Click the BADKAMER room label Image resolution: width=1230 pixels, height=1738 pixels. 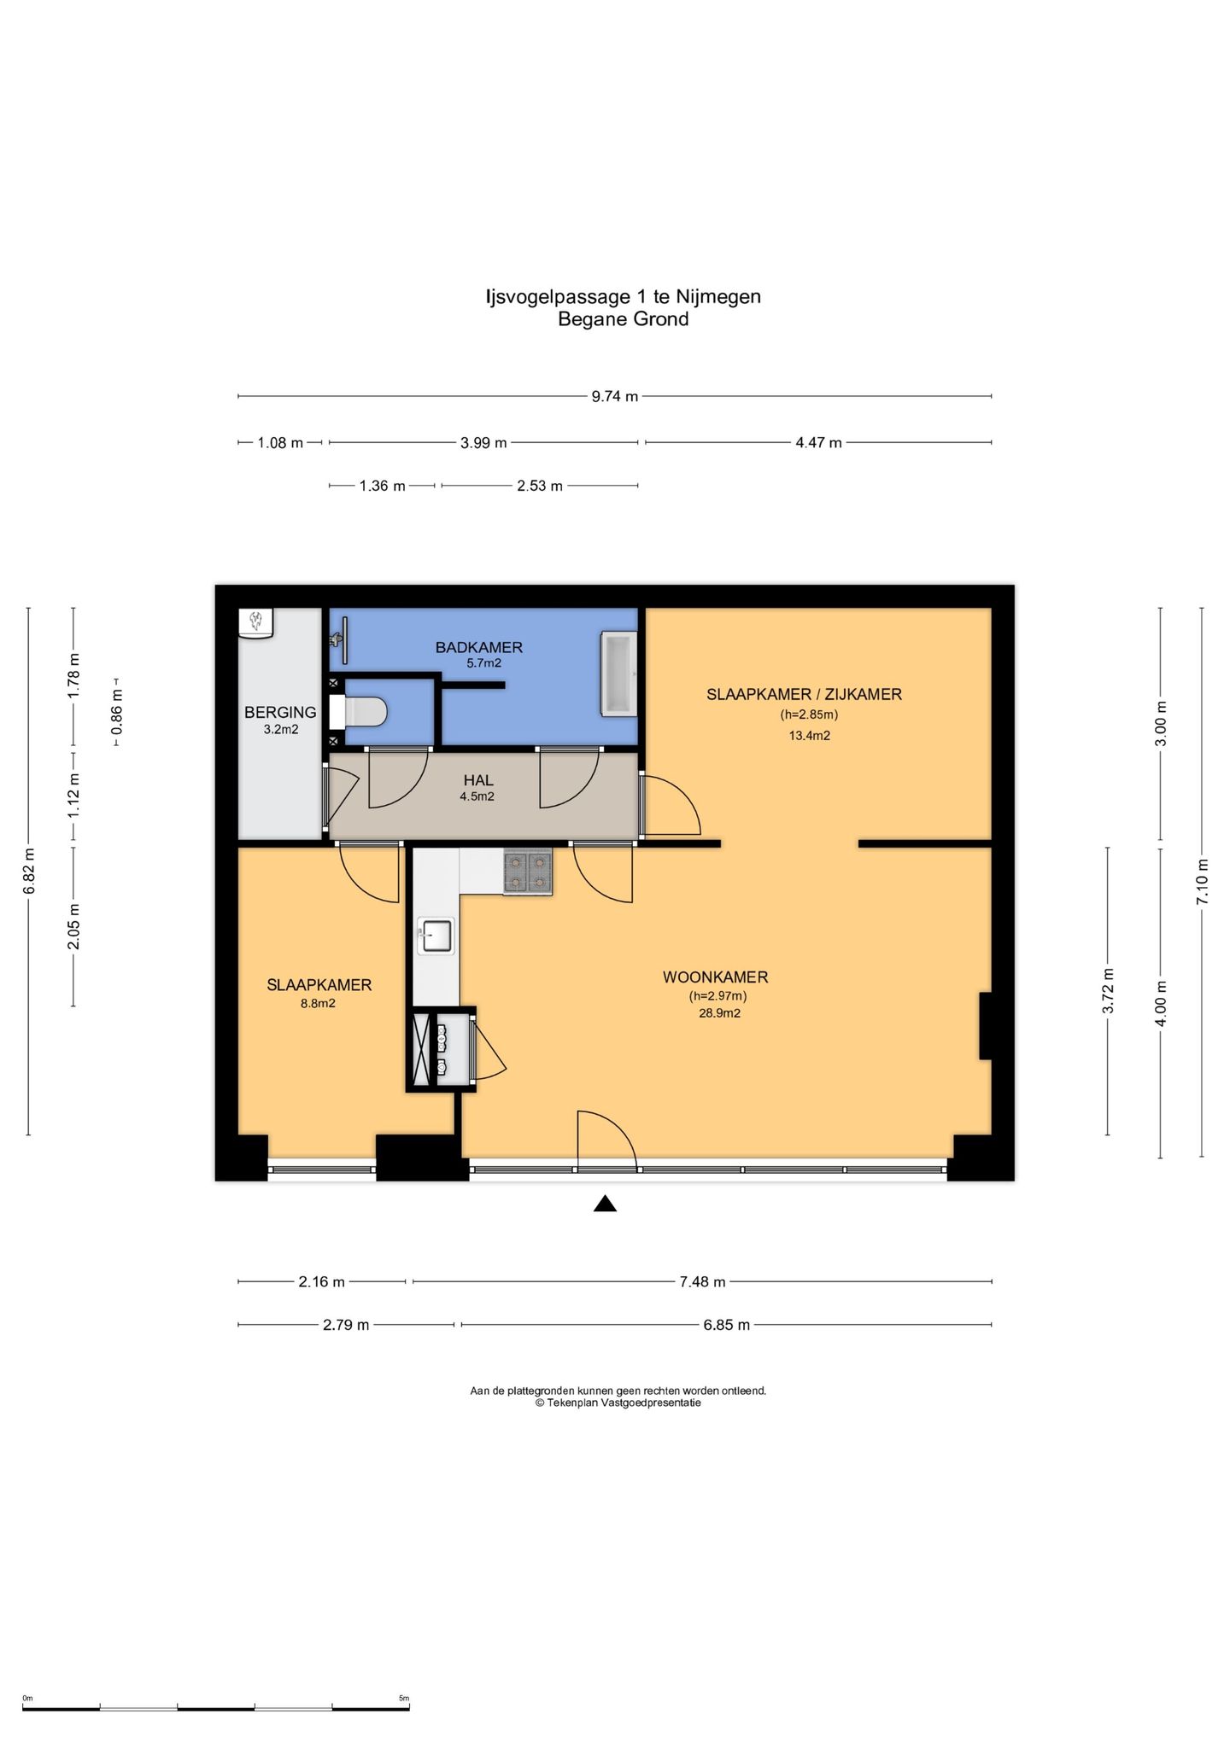click(x=478, y=647)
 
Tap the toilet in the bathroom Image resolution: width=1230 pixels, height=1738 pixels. click(x=358, y=711)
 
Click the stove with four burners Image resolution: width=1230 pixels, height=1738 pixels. click(x=528, y=872)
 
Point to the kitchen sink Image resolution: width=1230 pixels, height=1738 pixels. click(x=436, y=936)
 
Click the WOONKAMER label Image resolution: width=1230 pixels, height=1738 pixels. click(x=716, y=977)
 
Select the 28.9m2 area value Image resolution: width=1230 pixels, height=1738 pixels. click(x=719, y=1013)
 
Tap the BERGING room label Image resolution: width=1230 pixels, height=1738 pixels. click(x=280, y=712)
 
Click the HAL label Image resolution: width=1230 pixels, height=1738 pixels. click(x=478, y=780)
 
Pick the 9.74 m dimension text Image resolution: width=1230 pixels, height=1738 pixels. click(x=615, y=396)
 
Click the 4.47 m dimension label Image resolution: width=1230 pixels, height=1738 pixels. click(x=818, y=442)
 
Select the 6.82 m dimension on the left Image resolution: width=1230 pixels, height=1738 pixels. click(x=29, y=872)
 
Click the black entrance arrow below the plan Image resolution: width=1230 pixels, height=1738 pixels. click(x=605, y=1204)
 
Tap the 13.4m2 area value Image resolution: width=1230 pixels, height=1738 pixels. click(x=809, y=735)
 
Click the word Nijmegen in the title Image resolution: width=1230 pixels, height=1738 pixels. click(x=718, y=297)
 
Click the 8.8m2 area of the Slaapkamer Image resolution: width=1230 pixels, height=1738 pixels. click(x=318, y=1003)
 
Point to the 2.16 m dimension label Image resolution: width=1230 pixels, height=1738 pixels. click(x=322, y=1281)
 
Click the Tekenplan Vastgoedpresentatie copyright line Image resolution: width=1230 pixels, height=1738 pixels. click(x=618, y=1403)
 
